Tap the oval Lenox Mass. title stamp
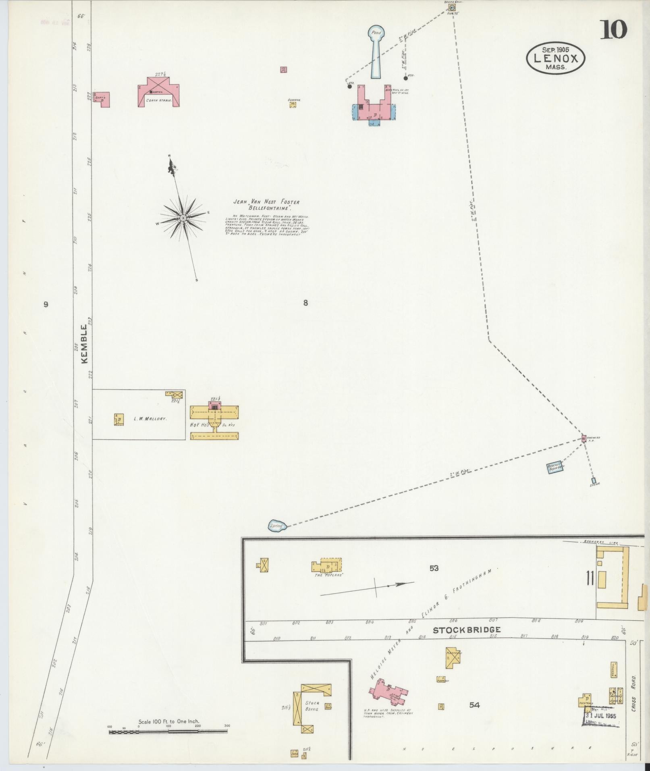556,58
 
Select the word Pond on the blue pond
376,33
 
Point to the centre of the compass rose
183,218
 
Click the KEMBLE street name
84,344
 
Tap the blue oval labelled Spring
277,526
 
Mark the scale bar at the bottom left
168,732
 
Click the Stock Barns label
312,706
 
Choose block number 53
434,569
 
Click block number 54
474,705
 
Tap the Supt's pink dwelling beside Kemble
102,99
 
